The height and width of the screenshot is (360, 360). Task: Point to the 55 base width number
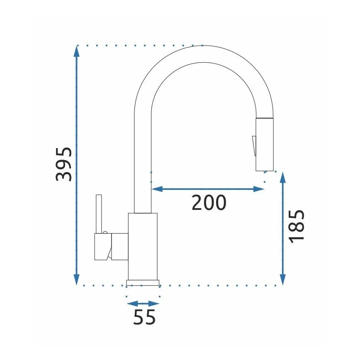click(x=144, y=317)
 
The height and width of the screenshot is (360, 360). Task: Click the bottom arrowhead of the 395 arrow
click(x=76, y=280)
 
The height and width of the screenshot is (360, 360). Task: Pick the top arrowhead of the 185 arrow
click(x=282, y=178)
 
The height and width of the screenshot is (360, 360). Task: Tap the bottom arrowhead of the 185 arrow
click(x=282, y=280)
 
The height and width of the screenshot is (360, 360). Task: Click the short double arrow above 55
click(x=143, y=303)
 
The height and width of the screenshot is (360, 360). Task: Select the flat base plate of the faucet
click(x=143, y=282)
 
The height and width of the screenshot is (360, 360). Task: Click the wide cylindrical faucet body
click(x=143, y=246)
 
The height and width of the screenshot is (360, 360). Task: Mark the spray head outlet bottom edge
click(x=265, y=170)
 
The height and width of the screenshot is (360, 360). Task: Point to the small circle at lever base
click(x=105, y=233)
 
